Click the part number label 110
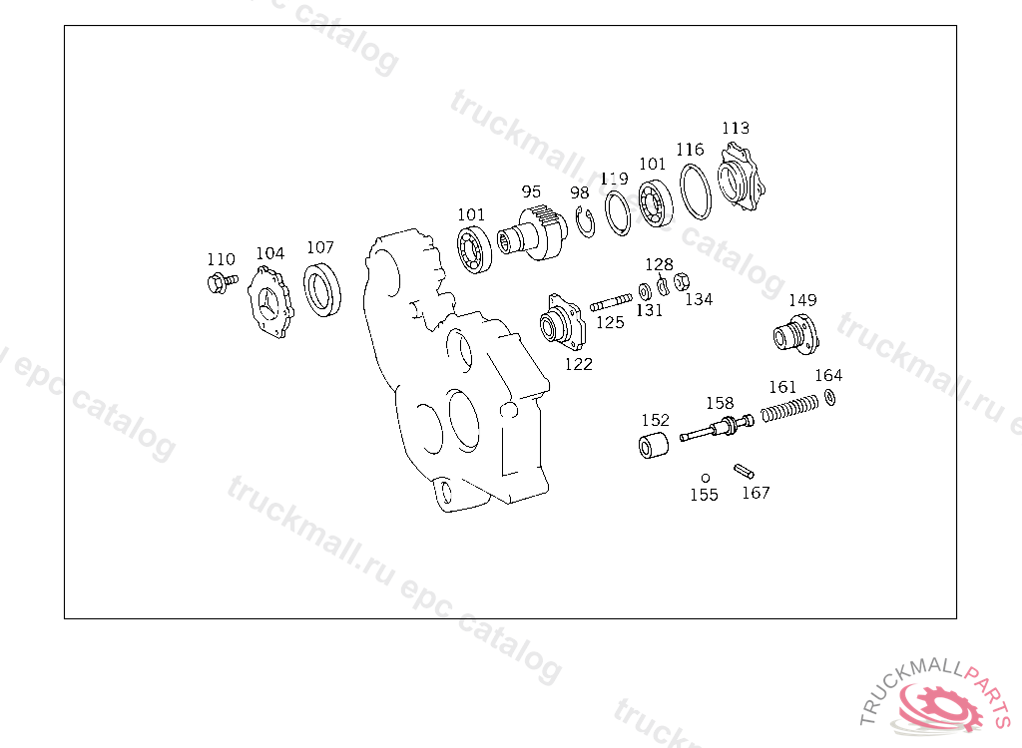221,259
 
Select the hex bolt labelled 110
222,283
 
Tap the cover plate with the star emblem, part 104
270,302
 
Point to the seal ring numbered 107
322,289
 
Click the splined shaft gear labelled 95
533,233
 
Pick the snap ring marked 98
585,221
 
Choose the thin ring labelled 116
696,191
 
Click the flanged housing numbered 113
742,177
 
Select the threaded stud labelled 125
611,303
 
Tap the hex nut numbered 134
682,281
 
